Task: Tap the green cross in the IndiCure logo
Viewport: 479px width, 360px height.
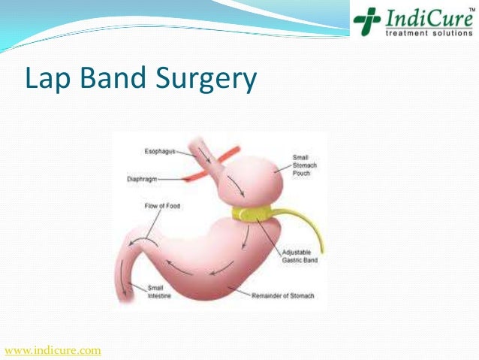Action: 367,21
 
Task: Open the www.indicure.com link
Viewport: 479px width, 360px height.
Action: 53,350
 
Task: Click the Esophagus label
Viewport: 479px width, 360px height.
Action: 159,152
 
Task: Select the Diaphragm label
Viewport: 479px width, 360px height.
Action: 143,180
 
